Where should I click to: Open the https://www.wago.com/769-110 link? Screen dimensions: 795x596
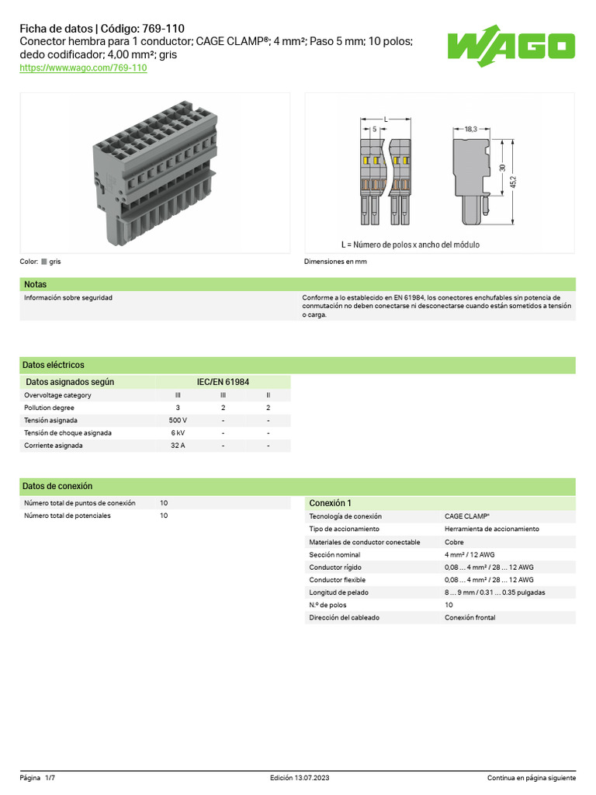pyautogui.click(x=83, y=68)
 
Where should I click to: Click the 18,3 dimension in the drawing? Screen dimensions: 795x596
pyautogui.click(x=470, y=129)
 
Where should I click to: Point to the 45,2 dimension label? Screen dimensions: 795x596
pyautogui.click(x=513, y=183)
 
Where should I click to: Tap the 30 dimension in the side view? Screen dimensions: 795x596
pyautogui.click(x=502, y=168)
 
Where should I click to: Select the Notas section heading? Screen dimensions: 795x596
pyautogui.click(x=36, y=285)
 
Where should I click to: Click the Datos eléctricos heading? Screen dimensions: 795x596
pyautogui.click(x=54, y=365)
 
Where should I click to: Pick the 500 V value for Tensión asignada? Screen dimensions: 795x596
pyautogui.click(x=178, y=420)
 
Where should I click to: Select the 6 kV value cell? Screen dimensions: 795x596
pyautogui.click(x=178, y=433)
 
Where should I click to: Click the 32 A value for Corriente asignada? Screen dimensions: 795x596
pyautogui.click(x=178, y=446)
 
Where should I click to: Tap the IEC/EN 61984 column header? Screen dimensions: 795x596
pyautogui.click(x=223, y=382)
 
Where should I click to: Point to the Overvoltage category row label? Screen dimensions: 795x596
pyautogui.click(x=57, y=395)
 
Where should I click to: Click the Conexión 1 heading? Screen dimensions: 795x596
pyautogui.click(x=330, y=503)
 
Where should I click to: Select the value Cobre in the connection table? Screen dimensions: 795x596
pyautogui.click(x=454, y=542)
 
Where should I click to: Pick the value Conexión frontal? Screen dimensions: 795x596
pyautogui.click(x=470, y=618)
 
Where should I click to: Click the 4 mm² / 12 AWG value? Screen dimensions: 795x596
pyautogui.click(x=470, y=554)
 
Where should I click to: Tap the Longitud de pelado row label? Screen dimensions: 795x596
pyautogui.click(x=338, y=592)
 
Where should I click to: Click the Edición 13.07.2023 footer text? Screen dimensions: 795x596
pyautogui.click(x=300, y=778)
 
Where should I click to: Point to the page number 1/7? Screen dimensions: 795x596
pyautogui.click(x=50, y=778)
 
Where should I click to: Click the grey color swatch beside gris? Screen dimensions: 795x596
pyautogui.click(x=43, y=262)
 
